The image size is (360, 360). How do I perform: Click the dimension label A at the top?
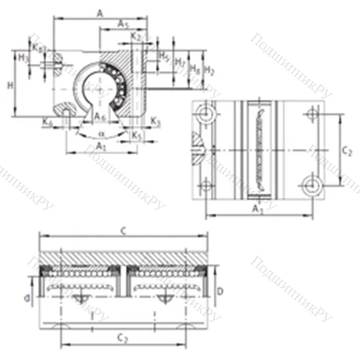click(x=99, y=12)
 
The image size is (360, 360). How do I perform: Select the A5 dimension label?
click(x=123, y=24)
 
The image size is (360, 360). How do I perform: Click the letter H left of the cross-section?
click(x=9, y=85)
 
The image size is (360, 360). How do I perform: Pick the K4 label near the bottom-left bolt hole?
click(x=47, y=122)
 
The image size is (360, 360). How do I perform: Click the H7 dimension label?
click(x=180, y=64)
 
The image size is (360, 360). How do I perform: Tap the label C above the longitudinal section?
click(x=125, y=232)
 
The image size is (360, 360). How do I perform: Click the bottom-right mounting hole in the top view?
click(x=313, y=186)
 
